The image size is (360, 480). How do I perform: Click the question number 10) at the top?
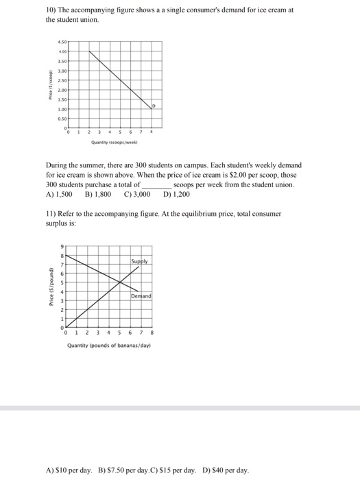pos(51,10)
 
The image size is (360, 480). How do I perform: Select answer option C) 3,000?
pos(137,194)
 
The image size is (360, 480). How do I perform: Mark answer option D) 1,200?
pos(177,194)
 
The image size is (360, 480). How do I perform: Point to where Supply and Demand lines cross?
pos(119,283)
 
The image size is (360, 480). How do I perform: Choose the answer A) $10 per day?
pos(69,470)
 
